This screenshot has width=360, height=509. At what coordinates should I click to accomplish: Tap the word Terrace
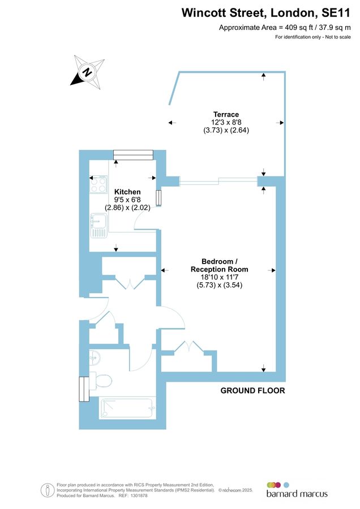226,114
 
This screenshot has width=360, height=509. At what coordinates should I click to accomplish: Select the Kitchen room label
127,192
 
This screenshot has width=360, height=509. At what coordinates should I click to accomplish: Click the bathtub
126,408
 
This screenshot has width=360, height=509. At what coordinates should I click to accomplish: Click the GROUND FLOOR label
252,390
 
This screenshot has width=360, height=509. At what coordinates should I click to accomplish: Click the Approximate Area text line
285,27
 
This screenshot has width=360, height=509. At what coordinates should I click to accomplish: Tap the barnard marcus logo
297,490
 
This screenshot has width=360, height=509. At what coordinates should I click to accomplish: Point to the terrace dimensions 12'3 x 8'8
226,122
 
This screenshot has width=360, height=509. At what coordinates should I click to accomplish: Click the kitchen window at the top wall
133,154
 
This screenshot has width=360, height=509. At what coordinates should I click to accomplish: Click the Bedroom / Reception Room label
226,265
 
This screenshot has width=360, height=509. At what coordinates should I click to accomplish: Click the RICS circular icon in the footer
48,490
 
